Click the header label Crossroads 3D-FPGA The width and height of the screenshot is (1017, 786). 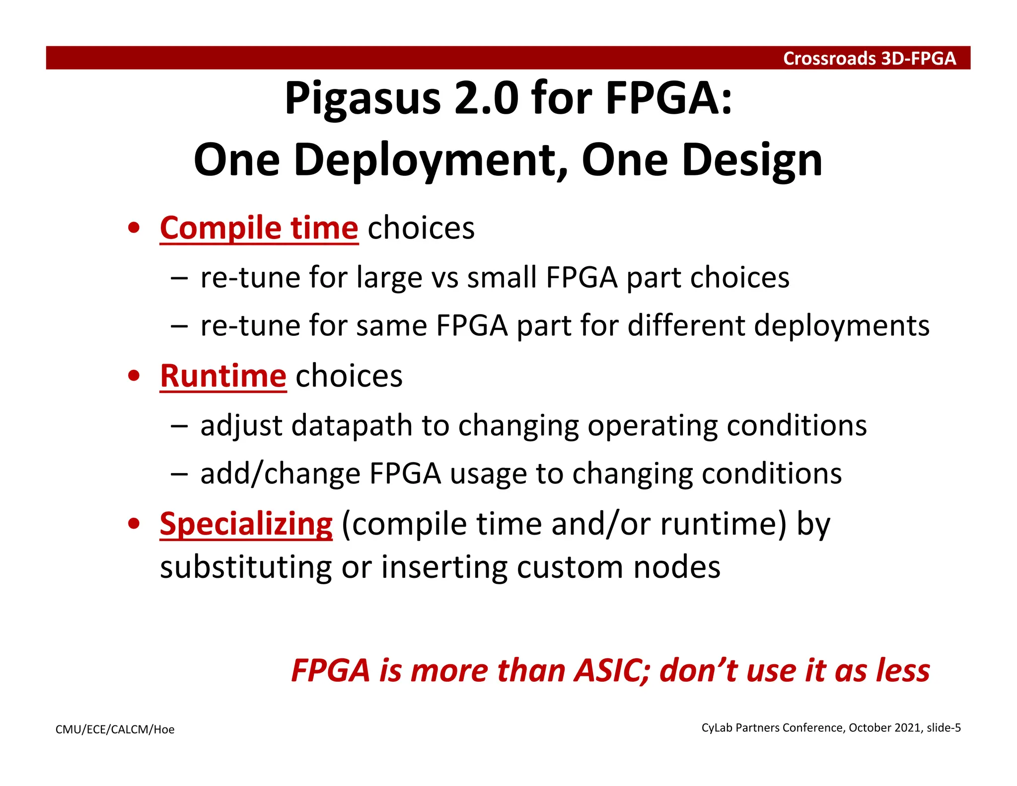[x=869, y=59]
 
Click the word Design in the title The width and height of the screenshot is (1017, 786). [x=752, y=161]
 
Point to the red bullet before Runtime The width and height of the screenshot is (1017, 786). [x=134, y=376]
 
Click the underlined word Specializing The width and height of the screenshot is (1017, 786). [x=246, y=524]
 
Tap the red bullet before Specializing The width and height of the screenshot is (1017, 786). [x=134, y=524]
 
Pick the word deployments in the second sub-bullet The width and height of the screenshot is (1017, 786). [x=842, y=326]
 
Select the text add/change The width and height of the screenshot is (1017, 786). [x=280, y=473]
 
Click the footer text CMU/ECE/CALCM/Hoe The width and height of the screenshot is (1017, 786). [x=115, y=729]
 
